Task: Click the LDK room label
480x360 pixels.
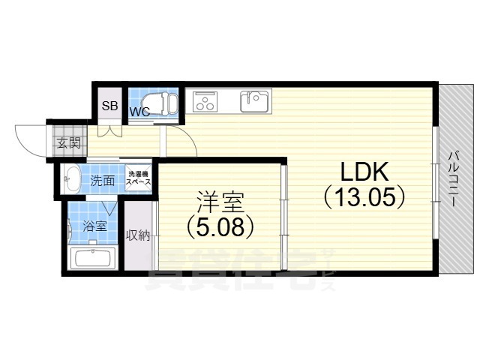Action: pos(364,172)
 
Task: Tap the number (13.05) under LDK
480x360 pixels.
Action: pos(364,197)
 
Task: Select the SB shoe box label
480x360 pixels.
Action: pos(109,106)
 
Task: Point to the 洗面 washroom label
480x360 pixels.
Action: pos(102,181)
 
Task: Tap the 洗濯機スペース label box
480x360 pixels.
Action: pos(139,177)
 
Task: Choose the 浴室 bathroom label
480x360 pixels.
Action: pos(94,225)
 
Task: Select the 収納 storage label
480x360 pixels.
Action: pos(139,235)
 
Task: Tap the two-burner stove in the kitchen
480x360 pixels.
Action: pos(205,100)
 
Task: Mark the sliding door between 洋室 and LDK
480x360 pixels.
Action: pos(282,217)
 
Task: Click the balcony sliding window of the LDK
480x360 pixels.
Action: pos(434,180)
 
